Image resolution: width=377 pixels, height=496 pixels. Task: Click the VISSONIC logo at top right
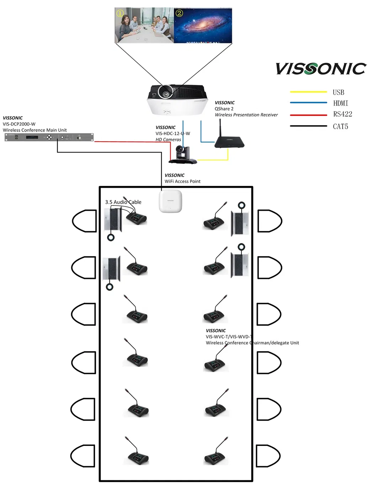coord(321,69)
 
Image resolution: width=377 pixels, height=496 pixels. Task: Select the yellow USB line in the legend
coord(308,92)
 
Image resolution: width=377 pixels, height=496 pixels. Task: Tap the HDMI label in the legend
coord(340,103)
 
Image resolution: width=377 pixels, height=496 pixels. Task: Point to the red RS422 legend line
coord(308,115)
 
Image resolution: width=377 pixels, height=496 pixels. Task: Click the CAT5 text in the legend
coord(340,127)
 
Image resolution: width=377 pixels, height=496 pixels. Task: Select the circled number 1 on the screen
coord(120,14)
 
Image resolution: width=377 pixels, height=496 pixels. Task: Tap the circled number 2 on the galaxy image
coord(179,14)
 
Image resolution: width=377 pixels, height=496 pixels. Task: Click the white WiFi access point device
coord(170,202)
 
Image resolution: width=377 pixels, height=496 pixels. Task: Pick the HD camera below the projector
coord(183,155)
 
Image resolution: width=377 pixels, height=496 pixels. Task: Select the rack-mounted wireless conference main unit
coord(49,137)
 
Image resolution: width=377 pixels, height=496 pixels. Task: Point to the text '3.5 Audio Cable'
coord(123,202)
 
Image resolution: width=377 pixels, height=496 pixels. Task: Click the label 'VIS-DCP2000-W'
coord(19,124)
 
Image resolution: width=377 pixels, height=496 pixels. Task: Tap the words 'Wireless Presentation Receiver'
coord(246,115)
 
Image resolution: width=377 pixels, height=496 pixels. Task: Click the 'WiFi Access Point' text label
coord(182,181)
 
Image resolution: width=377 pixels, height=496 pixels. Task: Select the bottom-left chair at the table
coord(83,456)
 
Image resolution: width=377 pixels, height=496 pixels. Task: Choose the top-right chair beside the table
coord(269,221)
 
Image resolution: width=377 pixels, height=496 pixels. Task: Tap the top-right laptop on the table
coord(240,223)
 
